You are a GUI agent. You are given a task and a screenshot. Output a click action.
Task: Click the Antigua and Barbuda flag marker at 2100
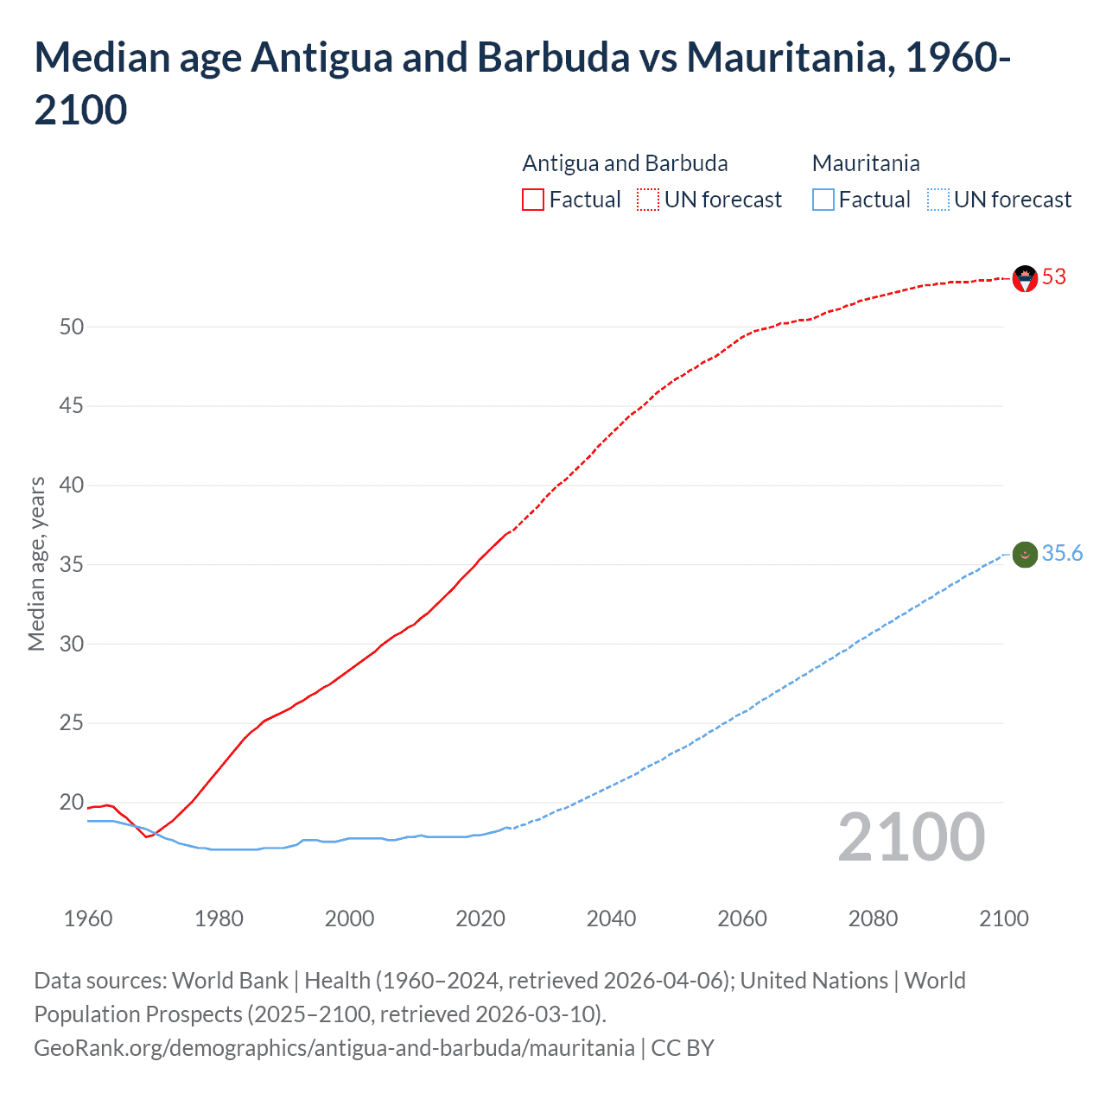pyautogui.click(x=1025, y=278)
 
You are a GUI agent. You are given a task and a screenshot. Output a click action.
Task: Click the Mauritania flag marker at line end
pyautogui.click(x=1025, y=555)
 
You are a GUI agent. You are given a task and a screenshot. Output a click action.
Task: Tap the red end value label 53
pyautogui.click(x=1054, y=277)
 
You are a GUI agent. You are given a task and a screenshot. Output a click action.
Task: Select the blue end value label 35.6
pyautogui.click(x=1062, y=554)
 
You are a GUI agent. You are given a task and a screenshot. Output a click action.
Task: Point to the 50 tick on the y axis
pyautogui.click(x=72, y=327)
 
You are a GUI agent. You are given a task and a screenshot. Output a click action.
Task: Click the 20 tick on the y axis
pyautogui.click(x=72, y=802)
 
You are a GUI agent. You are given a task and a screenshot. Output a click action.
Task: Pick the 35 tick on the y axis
pyautogui.click(x=72, y=565)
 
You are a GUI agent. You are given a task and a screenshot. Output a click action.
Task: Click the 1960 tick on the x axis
pyautogui.click(x=88, y=918)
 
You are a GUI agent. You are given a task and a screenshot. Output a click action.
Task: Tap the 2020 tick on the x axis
pyautogui.click(x=480, y=918)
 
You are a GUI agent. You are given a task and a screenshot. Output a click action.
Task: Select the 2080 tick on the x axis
pyautogui.click(x=873, y=918)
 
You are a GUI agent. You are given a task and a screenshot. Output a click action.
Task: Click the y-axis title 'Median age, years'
pyautogui.click(x=36, y=563)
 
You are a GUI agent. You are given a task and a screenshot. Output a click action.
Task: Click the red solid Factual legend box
pyautogui.click(x=533, y=200)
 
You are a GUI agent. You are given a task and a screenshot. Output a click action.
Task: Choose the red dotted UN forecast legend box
pyautogui.click(x=648, y=200)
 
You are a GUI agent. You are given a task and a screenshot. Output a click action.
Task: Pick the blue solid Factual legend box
pyautogui.click(x=823, y=200)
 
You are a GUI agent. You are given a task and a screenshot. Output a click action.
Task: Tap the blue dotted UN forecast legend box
pyautogui.click(x=938, y=200)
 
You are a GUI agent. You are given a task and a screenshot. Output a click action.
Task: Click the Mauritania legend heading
pyautogui.click(x=866, y=163)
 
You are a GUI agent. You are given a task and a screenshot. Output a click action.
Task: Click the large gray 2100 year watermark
pyautogui.click(x=911, y=837)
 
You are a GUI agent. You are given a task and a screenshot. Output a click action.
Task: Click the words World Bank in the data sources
pyautogui.click(x=230, y=981)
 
